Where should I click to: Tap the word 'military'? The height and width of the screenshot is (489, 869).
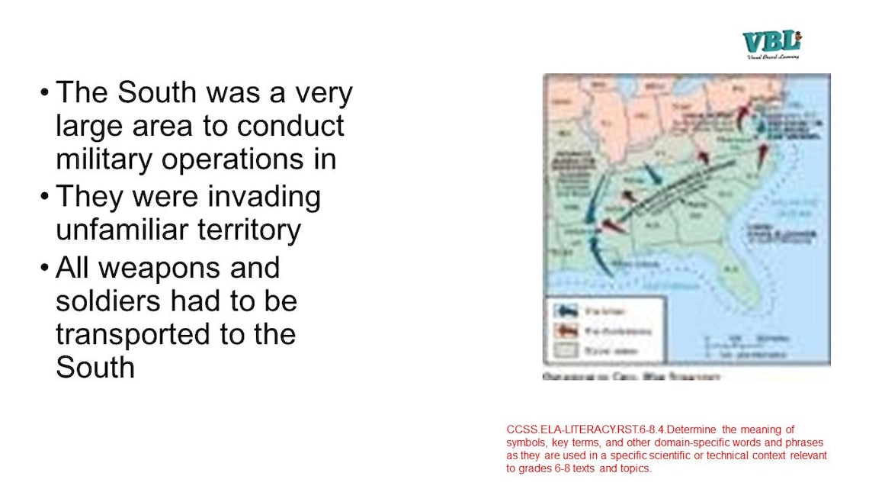[104, 159]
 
